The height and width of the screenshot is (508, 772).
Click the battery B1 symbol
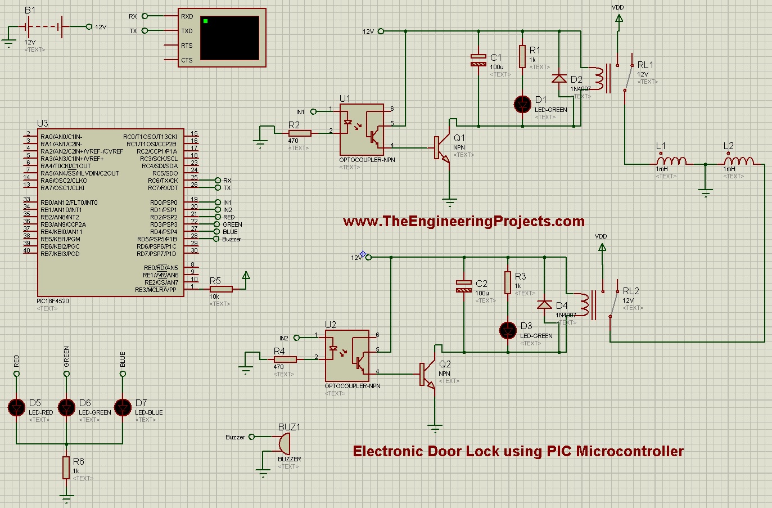point(43,26)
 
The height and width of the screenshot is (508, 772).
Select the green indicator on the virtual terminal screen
point(206,21)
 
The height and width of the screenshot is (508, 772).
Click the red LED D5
point(16,407)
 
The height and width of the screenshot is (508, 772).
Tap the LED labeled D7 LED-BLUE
point(123,407)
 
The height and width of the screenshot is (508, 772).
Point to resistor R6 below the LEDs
point(66,467)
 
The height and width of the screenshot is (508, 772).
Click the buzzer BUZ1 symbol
point(283,444)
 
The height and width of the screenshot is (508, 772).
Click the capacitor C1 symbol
point(478,61)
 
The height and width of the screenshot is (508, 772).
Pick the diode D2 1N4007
point(559,78)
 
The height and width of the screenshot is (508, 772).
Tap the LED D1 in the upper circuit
point(523,104)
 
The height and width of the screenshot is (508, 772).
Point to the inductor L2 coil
point(738,161)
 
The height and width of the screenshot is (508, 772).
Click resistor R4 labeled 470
point(285,359)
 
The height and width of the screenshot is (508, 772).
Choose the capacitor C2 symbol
point(464,286)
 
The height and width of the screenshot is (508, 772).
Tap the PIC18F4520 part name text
point(52,301)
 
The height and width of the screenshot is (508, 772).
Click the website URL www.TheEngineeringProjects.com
point(463,221)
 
